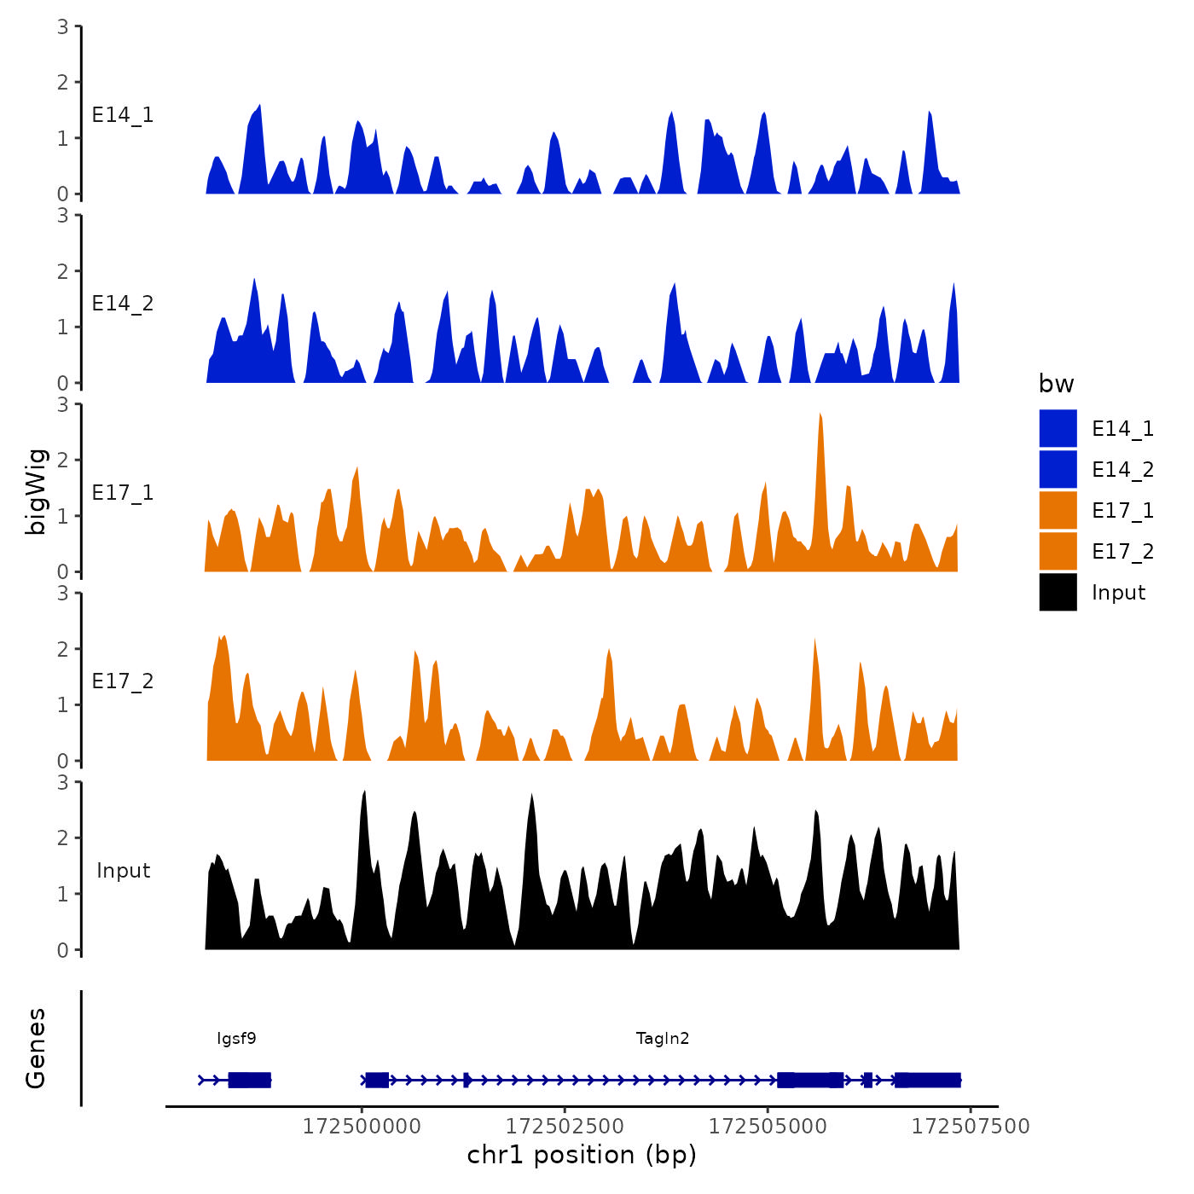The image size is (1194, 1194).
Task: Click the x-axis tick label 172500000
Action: pos(362,1127)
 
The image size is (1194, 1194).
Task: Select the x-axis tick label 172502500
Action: pos(565,1127)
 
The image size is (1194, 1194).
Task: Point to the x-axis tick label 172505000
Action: pos(768,1127)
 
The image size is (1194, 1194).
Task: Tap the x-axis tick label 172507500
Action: pos(971,1127)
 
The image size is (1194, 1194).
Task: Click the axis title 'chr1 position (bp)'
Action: pos(582,1156)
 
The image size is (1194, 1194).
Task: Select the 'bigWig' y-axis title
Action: pos(36,491)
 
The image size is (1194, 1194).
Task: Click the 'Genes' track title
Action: pos(36,1048)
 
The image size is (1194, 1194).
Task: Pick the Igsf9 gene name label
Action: pos(236,1039)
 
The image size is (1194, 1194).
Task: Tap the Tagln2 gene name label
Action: pos(663,1039)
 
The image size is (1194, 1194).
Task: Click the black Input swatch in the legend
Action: pos(1058,592)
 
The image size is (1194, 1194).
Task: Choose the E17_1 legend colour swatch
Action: pos(1058,510)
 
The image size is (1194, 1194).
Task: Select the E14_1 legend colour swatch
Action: pos(1058,428)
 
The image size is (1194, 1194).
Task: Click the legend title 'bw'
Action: pos(1056,384)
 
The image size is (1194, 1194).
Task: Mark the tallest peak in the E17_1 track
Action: pos(820,415)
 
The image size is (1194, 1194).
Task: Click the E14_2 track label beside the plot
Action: pos(123,304)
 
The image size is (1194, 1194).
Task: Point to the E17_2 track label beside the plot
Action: pos(123,681)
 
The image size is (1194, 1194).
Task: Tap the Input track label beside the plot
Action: pos(123,871)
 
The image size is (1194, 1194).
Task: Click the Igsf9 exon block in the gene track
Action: pos(249,1080)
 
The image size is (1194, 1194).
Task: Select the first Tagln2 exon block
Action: pos(377,1080)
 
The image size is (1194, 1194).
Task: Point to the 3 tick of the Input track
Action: pos(63,782)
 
